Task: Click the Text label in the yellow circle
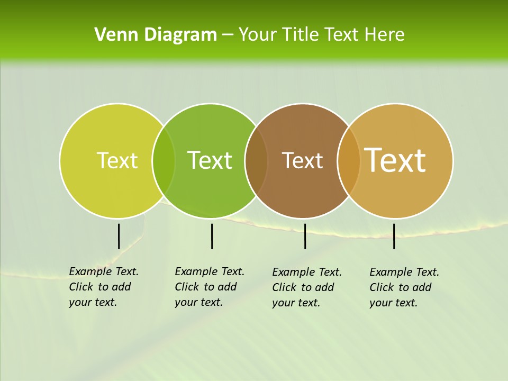(x=117, y=160)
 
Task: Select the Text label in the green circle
(x=210, y=160)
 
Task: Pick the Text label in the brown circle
(x=302, y=160)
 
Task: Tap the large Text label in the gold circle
(x=395, y=160)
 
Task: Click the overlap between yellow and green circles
(x=164, y=160)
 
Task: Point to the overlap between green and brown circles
(x=256, y=160)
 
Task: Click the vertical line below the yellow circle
(x=119, y=236)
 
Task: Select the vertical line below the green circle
(x=212, y=236)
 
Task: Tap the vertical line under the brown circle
(x=305, y=236)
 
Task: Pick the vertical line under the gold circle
(x=394, y=236)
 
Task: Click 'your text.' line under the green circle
(x=198, y=303)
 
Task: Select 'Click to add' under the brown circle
(x=303, y=287)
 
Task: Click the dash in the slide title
(x=228, y=35)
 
